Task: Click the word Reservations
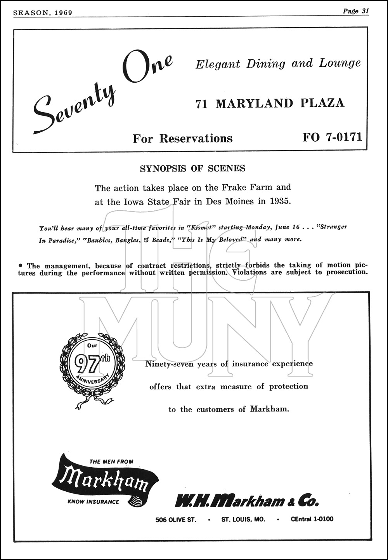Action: click(x=196, y=138)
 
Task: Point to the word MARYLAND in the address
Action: click(x=254, y=103)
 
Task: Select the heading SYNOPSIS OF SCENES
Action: click(x=192, y=168)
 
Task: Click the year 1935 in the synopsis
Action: click(x=279, y=202)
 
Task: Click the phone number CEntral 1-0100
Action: click(x=312, y=519)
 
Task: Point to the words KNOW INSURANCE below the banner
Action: click(x=94, y=502)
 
